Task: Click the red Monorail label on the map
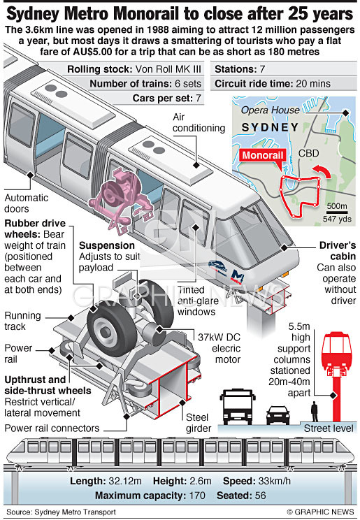(263, 155)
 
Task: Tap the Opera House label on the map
(270, 110)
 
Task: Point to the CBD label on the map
(308, 153)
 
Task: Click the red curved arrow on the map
(322, 170)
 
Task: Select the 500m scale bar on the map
(337, 212)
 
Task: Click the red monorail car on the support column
(336, 352)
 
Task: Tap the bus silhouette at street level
(238, 407)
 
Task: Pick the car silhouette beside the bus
(278, 415)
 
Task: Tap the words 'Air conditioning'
(199, 122)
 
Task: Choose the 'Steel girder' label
(199, 423)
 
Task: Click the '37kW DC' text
(219, 338)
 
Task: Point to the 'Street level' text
(329, 428)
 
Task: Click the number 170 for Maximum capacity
(197, 496)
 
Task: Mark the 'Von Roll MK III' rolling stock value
(168, 69)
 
